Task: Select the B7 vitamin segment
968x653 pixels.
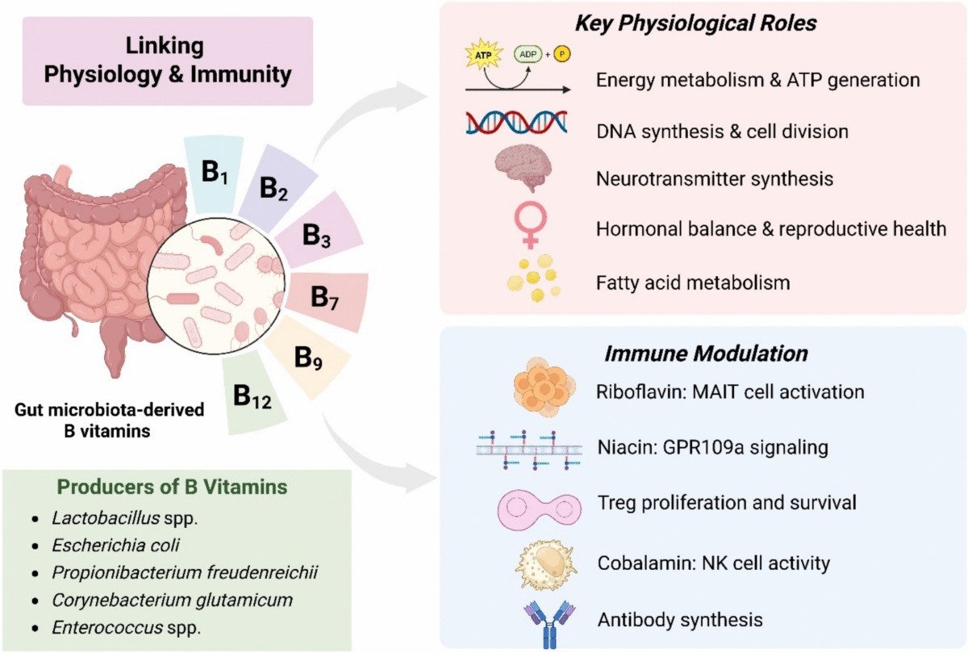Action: tap(328, 300)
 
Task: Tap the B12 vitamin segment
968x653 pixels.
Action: tap(252, 396)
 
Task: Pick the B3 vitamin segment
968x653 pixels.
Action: tap(319, 234)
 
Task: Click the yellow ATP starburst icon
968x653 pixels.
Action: tap(483, 55)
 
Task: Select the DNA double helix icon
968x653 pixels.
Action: tap(516, 122)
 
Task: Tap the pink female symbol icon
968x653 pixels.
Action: tap(530, 224)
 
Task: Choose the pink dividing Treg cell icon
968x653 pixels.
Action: tap(540, 510)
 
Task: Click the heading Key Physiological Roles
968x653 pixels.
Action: tap(695, 23)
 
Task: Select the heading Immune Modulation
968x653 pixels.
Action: tap(706, 354)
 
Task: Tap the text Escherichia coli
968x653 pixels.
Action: tap(115, 546)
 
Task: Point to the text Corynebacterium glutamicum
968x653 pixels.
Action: tap(172, 601)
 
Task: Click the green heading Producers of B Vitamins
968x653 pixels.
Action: tap(172, 487)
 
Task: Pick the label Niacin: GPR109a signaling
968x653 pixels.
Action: tap(712, 447)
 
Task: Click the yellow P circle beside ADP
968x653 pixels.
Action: tap(561, 55)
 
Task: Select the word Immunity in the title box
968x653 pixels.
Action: tap(241, 74)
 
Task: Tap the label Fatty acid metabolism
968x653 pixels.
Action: tap(693, 283)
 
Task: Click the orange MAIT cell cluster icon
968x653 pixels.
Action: tap(544, 387)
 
